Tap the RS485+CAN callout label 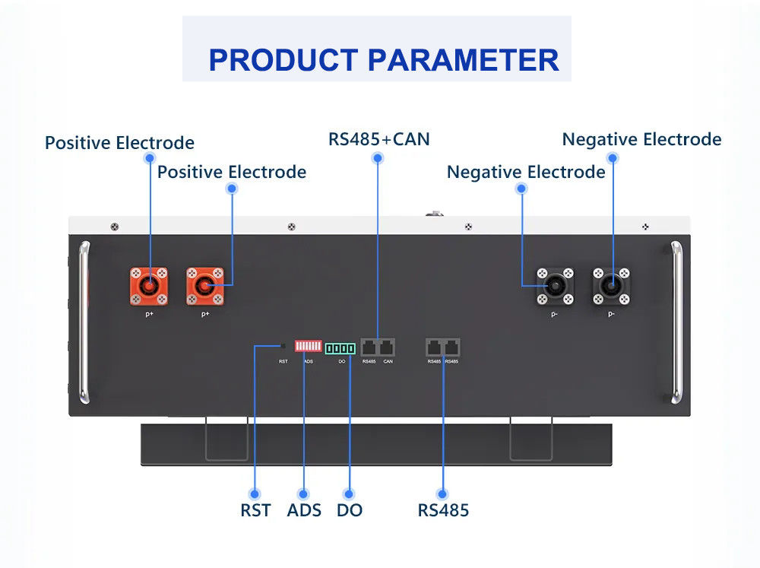[x=378, y=139]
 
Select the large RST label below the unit [x=255, y=510]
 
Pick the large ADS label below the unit [x=304, y=510]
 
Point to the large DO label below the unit [x=350, y=510]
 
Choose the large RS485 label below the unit [x=443, y=510]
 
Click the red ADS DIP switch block [x=308, y=347]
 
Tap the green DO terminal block [x=340, y=348]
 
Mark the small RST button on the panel [x=283, y=346]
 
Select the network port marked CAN [x=387, y=347]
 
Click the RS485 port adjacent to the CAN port [x=369, y=347]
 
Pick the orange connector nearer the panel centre [x=205, y=285]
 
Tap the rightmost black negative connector [x=611, y=285]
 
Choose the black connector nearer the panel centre [x=555, y=285]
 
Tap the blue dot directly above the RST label [x=255, y=493]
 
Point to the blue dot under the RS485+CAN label [x=378, y=157]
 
